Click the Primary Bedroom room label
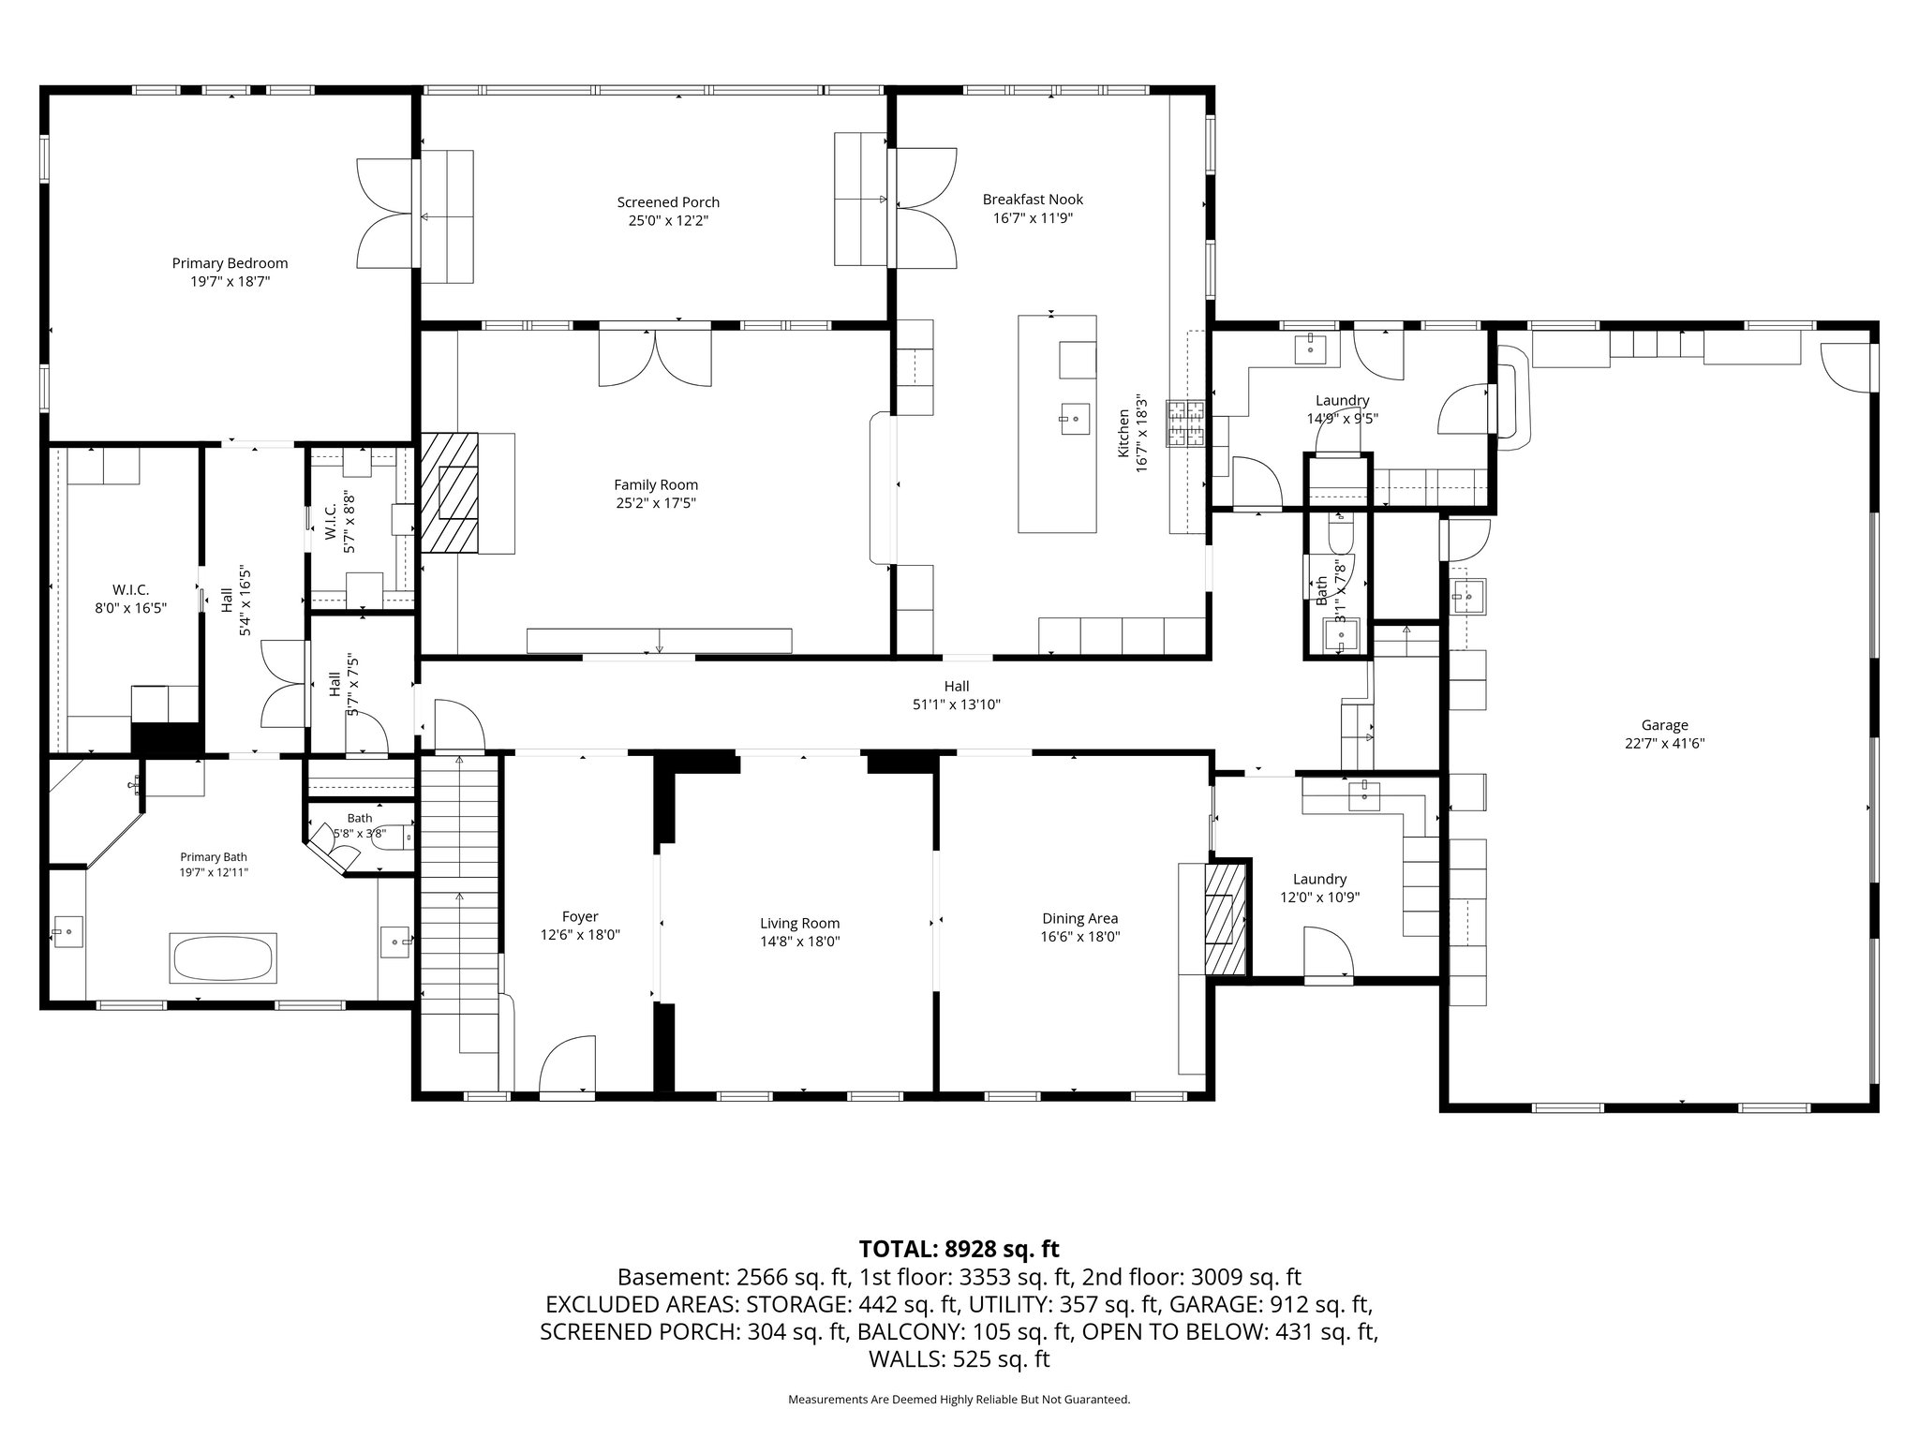pyautogui.click(x=230, y=263)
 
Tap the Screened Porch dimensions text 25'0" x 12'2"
pyautogui.click(x=668, y=221)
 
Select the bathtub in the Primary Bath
pyautogui.click(x=222, y=957)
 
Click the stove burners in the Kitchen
pyautogui.click(x=1187, y=423)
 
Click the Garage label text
pyautogui.click(x=1664, y=724)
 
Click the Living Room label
pyautogui.click(x=799, y=923)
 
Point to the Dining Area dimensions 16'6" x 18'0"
pyautogui.click(x=1080, y=936)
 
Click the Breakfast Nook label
pyautogui.click(x=1033, y=200)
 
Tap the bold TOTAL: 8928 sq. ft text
pyautogui.click(x=959, y=1249)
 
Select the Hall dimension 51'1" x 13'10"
pyautogui.click(x=957, y=705)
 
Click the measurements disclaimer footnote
pyautogui.click(x=959, y=1400)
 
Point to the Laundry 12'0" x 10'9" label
pyautogui.click(x=1319, y=888)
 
